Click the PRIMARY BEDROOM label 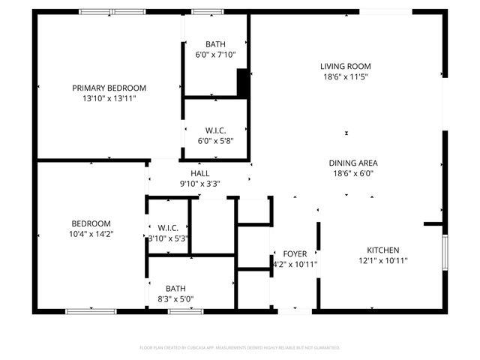pyautogui.click(x=109, y=88)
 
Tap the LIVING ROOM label pyautogui.click(x=346, y=66)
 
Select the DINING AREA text pyautogui.click(x=352, y=163)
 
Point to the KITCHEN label pyautogui.click(x=382, y=250)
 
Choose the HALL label pyautogui.click(x=199, y=172)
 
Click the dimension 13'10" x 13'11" pyautogui.click(x=109, y=98)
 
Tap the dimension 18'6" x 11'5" pyautogui.click(x=346, y=76)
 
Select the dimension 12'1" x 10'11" pyautogui.click(x=382, y=261)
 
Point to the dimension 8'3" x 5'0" pyautogui.click(x=175, y=298)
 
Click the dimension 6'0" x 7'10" pyautogui.click(x=215, y=55)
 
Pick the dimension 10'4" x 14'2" pyautogui.click(x=91, y=234)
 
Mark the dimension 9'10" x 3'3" pyautogui.click(x=199, y=183)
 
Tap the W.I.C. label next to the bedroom pyautogui.click(x=168, y=228)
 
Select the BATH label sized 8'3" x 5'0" pyautogui.click(x=175, y=288)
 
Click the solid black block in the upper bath pyautogui.click(x=242, y=82)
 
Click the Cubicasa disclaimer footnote pyautogui.click(x=240, y=348)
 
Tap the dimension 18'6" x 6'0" pyautogui.click(x=352, y=173)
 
